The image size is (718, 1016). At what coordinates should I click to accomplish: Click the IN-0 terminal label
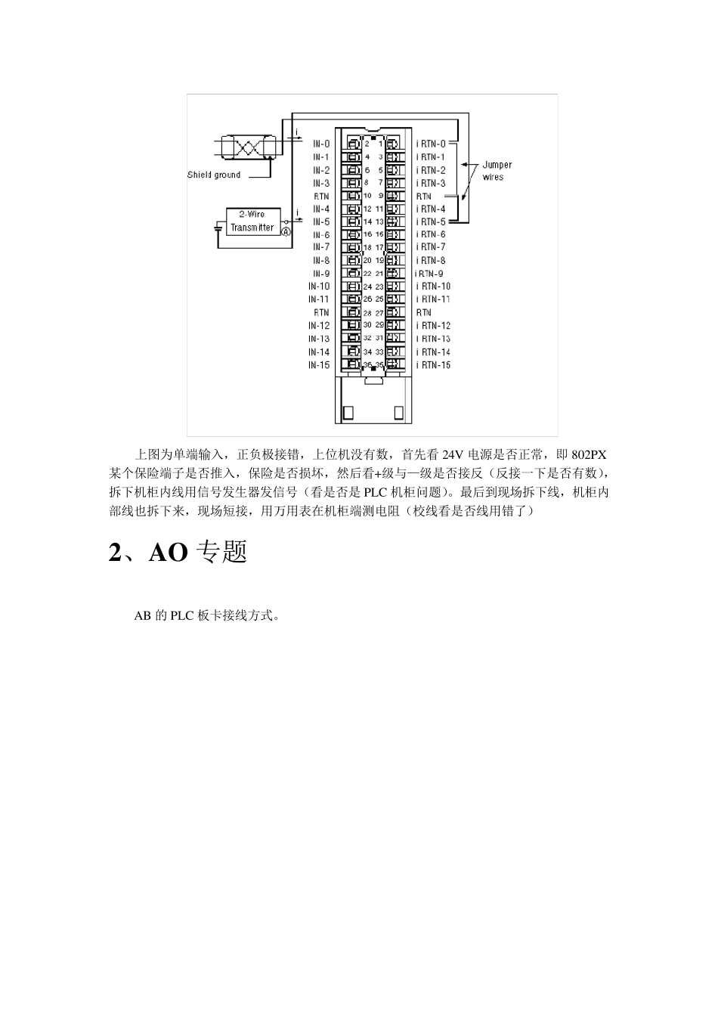click(321, 144)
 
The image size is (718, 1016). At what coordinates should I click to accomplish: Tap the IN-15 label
click(319, 365)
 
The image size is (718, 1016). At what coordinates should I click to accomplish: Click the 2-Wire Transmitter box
click(252, 221)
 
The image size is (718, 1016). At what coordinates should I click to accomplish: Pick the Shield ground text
click(214, 175)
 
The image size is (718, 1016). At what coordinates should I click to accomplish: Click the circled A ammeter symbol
click(286, 232)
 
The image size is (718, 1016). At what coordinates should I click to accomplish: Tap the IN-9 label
click(321, 274)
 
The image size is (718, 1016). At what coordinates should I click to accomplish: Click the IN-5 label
click(321, 222)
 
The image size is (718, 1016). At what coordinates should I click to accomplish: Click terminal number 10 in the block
click(368, 196)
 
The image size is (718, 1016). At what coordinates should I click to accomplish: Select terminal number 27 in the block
click(379, 313)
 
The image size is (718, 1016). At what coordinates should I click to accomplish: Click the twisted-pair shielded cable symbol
click(248, 146)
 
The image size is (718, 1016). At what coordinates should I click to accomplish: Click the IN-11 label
click(319, 299)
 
